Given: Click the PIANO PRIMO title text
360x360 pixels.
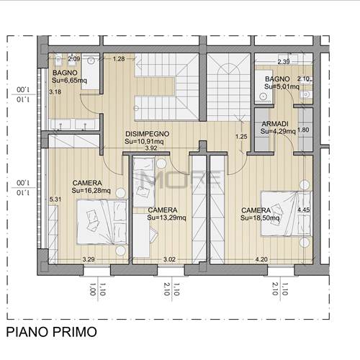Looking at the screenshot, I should click(x=50, y=332).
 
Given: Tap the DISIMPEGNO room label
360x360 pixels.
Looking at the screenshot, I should click(x=147, y=134).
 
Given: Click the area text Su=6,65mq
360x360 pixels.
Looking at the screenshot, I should click(x=68, y=81).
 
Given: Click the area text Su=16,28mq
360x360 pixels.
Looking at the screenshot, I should click(x=91, y=191).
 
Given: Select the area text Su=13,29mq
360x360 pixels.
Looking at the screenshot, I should click(x=166, y=217).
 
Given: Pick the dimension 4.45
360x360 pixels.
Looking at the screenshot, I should click(x=303, y=210).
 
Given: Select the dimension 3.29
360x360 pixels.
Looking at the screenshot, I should click(x=89, y=258).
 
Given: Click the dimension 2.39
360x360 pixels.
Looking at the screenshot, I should click(x=284, y=62).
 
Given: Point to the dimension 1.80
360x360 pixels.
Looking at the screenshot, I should click(x=303, y=130).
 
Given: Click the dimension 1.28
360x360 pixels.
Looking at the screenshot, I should click(x=120, y=58).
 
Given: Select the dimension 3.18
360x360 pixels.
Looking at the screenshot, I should click(x=55, y=92).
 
